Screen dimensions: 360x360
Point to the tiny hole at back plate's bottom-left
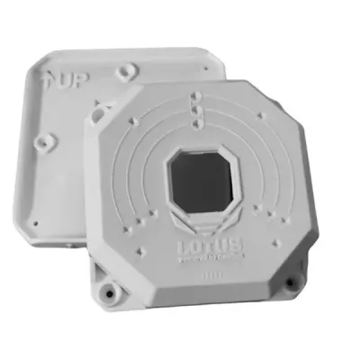33,221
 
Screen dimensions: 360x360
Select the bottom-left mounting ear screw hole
109,292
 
